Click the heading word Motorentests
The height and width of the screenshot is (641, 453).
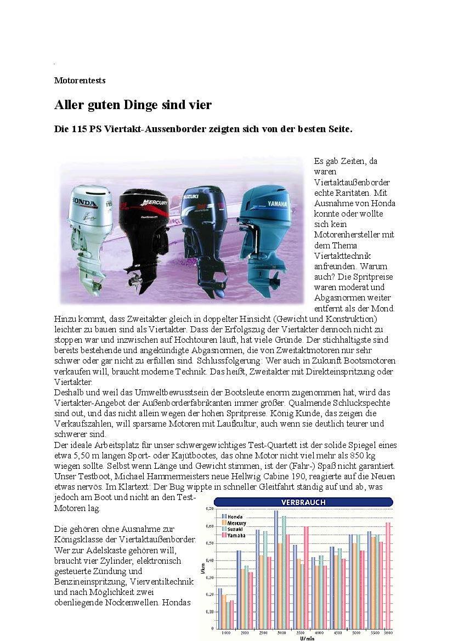coord(80,80)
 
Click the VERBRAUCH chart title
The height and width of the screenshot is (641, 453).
coord(303,502)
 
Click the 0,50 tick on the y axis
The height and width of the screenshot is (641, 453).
coord(208,543)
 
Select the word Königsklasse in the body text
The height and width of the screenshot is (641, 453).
coord(80,539)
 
